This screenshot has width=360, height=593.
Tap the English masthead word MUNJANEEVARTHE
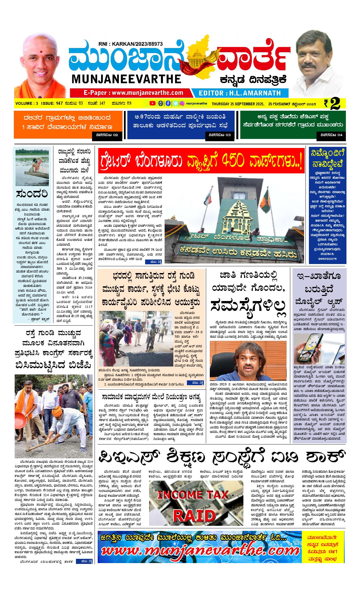point(126,79)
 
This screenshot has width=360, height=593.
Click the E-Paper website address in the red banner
point(133,93)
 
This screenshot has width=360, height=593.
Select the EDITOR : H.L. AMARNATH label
point(240,93)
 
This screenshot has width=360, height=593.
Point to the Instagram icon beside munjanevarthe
point(182,103)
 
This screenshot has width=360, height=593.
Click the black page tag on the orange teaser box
point(107,135)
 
